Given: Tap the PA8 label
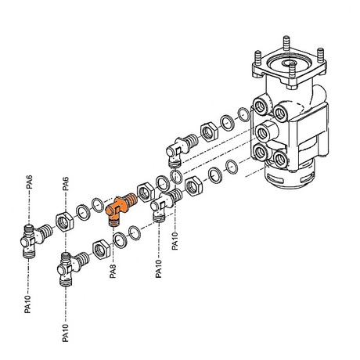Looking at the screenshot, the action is [113, 272].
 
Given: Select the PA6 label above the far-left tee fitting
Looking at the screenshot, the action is [30, 182].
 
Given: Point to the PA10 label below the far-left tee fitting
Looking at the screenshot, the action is [27, 304].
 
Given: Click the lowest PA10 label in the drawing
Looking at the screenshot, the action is [66, 333].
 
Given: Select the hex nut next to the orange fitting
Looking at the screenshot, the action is [146, 193].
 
